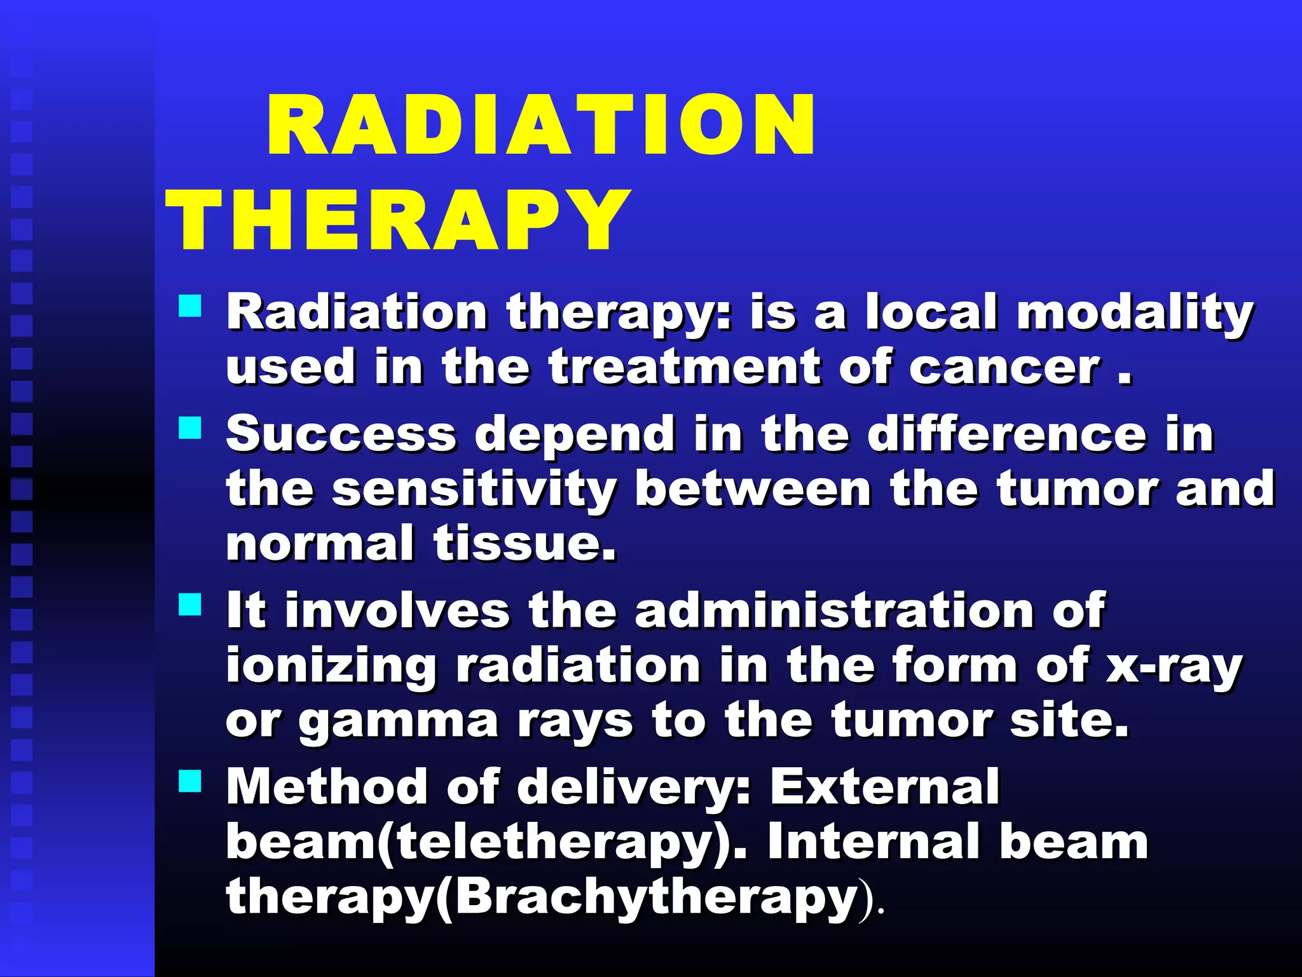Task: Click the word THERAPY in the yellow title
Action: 397,221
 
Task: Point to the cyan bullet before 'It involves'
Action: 189,604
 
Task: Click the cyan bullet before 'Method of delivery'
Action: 189,780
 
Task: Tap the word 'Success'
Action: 341,434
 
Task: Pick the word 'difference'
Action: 1007,434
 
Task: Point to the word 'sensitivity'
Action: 474,490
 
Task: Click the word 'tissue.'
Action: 524,544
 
